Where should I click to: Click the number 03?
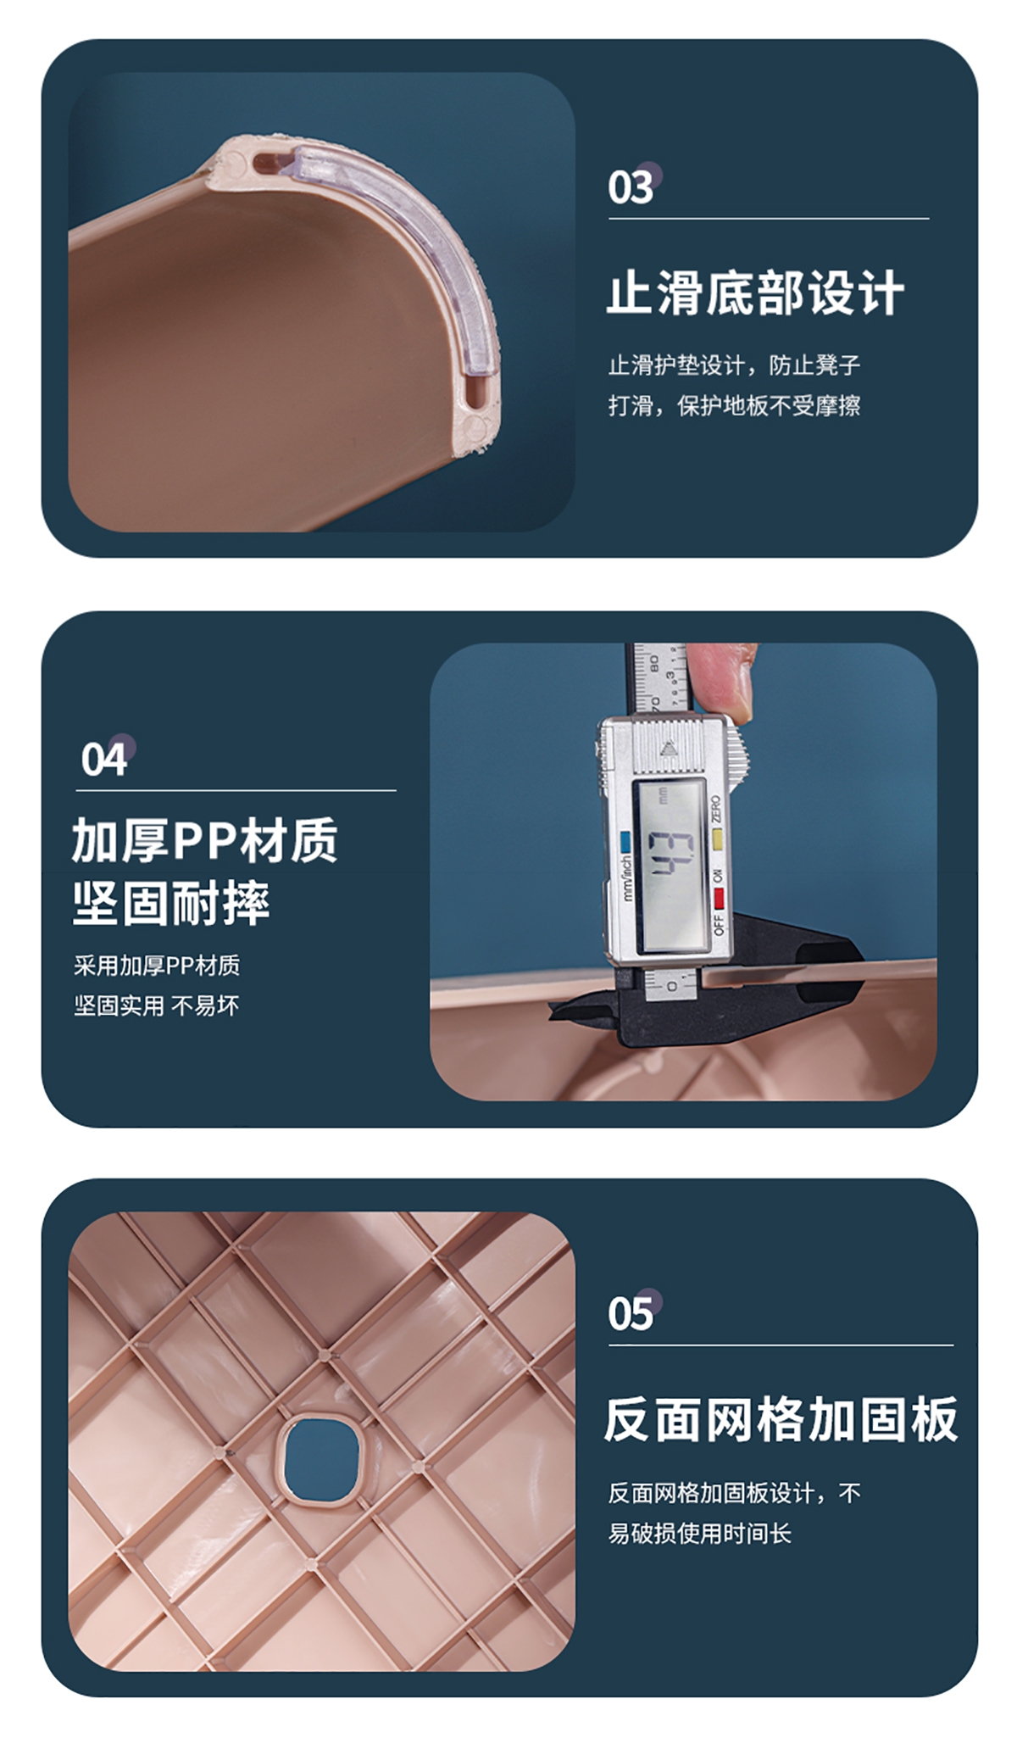point(631,187)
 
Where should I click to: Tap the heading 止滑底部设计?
point(755,293)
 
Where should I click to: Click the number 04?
point(103,759)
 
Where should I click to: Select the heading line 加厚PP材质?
point(205,840)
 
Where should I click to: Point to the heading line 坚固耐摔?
point(171,903)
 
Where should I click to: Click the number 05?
point(631,1313)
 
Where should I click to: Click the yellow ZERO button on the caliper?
point(717,840)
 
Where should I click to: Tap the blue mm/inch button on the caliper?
point(625,842)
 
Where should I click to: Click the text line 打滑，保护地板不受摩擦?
point(734,406)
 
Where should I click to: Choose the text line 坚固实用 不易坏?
point(157,1005)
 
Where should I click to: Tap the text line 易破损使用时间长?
point(700,1533)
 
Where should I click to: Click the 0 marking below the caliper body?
point(672,986)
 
